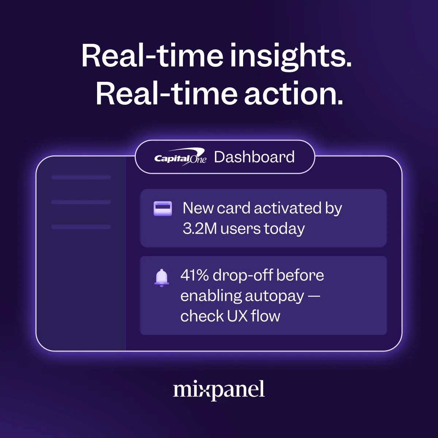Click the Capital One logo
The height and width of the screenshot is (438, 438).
(x=180, y=158)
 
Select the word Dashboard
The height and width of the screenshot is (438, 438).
(x=254, y=157)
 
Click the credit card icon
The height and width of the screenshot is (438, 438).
(x=163, y=208)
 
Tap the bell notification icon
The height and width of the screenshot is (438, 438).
(x=162, y=278)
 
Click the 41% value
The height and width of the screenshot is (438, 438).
(x=194, y=275)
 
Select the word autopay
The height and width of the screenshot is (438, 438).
(x=274, y=296)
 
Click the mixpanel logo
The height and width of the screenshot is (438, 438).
(x=219, y=390)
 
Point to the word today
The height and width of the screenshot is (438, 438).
(x=284, y=229)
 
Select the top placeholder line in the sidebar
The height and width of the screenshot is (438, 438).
(x=81, y=177)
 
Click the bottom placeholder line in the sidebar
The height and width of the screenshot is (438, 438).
(x=81, y=227)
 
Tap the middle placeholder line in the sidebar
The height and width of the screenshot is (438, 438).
(x=81, y=202)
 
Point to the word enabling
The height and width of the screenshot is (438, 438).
(x=211, y=296)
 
